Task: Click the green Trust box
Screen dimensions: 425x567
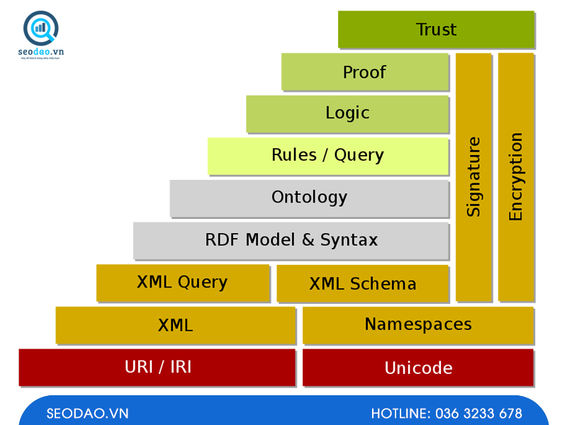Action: [x=436, y=30]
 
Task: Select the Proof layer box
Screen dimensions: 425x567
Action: [x=365, y=72]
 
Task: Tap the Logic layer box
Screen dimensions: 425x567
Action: [x=347, y=113]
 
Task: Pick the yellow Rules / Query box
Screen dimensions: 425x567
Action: [x=327, y=156]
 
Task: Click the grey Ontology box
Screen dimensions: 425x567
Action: [x=309, y=198]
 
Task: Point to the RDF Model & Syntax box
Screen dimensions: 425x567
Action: [x=291, y=240]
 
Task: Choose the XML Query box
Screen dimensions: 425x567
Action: [x=182, y=283]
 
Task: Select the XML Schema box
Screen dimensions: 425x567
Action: [x=363, y=284]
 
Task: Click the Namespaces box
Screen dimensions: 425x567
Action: [x=418, y=325]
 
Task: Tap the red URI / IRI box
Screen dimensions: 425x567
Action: [x=157, y=367]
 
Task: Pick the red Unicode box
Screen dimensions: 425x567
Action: [x=418, y=368]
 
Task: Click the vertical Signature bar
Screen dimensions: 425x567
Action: [x=473, y=177]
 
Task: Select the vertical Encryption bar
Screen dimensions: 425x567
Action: [x=516, y=177]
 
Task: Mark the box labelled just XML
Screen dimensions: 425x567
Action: [x=175, y=326]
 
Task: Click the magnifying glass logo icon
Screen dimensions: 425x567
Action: [x=40, y=28]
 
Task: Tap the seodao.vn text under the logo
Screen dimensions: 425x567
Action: [x=40, y=52]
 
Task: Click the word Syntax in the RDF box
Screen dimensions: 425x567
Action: [x=349, y=240]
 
